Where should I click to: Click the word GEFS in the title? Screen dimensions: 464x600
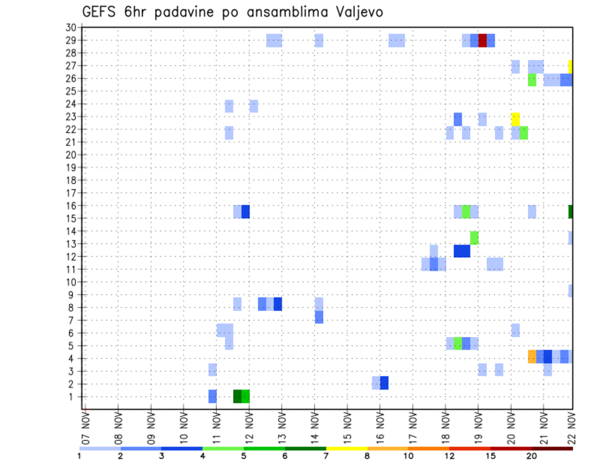coord(99,12)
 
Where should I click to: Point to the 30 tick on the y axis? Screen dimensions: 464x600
coord(71,28)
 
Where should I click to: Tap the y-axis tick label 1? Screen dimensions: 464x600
coord(73,396)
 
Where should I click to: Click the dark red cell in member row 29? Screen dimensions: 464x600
coord(482,41)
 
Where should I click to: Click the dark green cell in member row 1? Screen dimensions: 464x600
coord(237,396)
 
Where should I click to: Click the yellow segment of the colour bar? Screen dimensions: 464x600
coord(346,448)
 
